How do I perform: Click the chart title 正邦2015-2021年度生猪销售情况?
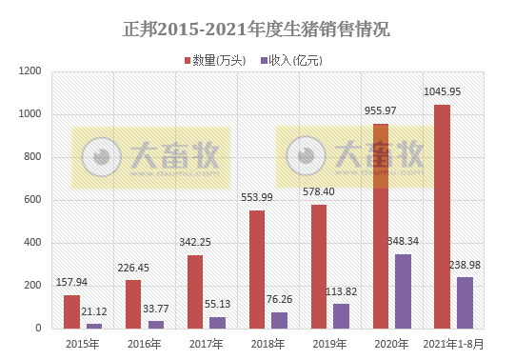(x=257, y=30)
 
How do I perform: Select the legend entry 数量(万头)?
(x=218, y=60)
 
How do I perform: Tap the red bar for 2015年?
(x=71, y=311)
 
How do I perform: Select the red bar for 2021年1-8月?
(x=442, y=216)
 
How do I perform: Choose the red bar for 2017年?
(x=195, y=291)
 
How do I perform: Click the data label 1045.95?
(x=442, y=92)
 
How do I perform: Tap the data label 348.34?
(x=404, y=242)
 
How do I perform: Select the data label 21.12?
(x=94, y=311)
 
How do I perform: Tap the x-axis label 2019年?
(x=329, y=344)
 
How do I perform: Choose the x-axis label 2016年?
(x=145, y=344)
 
